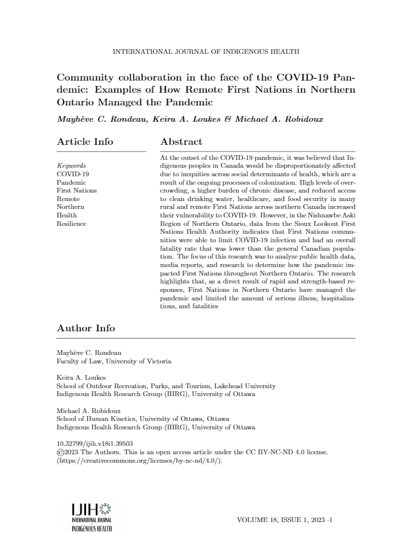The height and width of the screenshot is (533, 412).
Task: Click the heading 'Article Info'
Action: (85, 142)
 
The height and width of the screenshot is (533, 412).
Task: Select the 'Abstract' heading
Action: (181, 142)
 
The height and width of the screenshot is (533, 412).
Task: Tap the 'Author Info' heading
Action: (85, 328)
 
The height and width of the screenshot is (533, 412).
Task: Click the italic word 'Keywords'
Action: (71, 165)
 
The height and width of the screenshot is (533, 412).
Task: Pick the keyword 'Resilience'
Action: (71, 223)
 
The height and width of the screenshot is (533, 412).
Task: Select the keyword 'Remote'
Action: (68, 198)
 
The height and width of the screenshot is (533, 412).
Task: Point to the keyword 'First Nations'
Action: (76, 190)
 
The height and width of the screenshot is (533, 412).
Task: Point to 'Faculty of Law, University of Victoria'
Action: (114, 361)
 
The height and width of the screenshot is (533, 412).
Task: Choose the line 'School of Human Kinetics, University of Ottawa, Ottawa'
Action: (142, 419)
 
